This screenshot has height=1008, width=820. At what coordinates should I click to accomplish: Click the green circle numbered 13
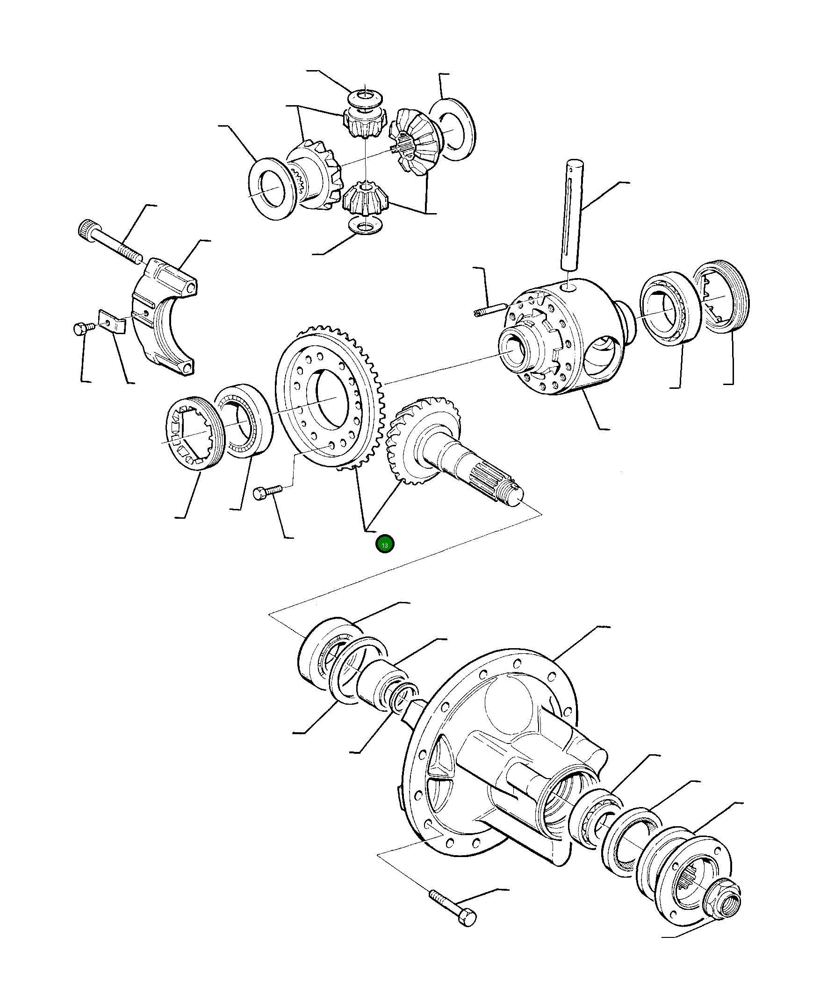pos(384,544)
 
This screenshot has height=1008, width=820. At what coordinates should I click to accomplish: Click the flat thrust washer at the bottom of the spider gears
pos(364,225)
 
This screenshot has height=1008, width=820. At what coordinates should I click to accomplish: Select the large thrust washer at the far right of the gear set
pos(452,129)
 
